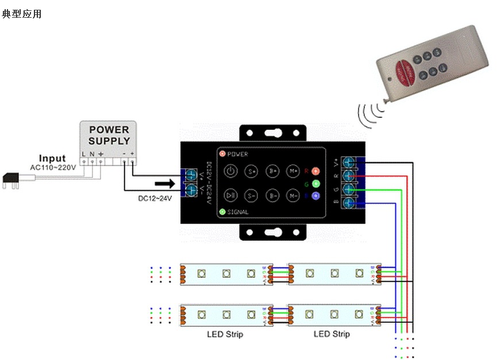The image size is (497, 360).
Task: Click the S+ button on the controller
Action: tap(252, 171)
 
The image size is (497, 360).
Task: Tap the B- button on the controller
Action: tap(272, 195)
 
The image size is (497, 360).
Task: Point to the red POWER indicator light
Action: tap(222, 154)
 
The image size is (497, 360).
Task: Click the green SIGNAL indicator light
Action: tap(222, 212)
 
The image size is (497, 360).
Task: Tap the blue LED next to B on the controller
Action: tap(315, 195)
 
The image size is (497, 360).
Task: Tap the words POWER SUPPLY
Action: tap(109, 136)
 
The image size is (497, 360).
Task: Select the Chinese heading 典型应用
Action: tap(22, 14)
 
